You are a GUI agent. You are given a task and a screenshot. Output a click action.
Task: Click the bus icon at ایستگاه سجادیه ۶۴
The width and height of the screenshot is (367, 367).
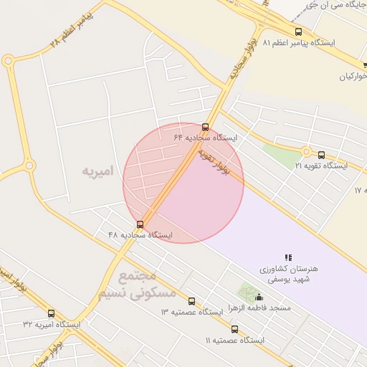pyautogui.click(x=206, y=127)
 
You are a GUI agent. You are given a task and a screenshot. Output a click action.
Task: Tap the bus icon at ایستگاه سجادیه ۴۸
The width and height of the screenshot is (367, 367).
pyautogui.click(x=140, y=224)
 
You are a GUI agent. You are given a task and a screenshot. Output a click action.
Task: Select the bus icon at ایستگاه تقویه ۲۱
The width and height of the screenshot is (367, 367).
pyautogui.click(x=321, y=155)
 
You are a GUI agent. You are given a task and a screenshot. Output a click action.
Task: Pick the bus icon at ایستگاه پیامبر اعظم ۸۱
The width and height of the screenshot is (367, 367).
pyautogui.click(x=299, y=32)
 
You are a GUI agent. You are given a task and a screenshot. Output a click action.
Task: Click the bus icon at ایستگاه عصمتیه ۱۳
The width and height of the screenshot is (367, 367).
pyautogui.click(x=191, y=302)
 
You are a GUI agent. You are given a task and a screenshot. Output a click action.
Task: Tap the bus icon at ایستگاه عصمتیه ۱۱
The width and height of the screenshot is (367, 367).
pyautogui.click(x=234, y=329)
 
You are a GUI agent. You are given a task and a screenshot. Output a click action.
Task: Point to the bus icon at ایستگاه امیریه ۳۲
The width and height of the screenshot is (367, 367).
pyautogui.click(x=51, y=313)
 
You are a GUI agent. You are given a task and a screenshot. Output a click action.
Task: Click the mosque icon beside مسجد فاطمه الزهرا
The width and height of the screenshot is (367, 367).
pyautogui.click(x=259, y=297)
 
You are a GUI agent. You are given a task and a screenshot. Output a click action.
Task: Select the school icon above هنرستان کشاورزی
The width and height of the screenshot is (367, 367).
pyautogui.click(x=288, y=257)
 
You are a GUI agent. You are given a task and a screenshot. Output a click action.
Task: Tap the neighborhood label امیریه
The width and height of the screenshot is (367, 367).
pyautogui.click(x=97, y=172)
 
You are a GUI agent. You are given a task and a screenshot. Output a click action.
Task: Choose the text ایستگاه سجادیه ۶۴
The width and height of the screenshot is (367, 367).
pyautogui.click(x=205, y=137)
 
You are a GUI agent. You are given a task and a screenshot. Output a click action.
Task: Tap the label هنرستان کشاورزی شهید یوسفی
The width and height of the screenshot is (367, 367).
pyautogui.click(x=288, y=274)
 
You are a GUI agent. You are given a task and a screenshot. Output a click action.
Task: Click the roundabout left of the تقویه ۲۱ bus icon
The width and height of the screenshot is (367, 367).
pyautogui.click(x=306, y=152)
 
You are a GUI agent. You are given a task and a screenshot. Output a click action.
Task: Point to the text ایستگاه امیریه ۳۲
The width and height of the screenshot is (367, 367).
pyautogui.click(x=52, y=324)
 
